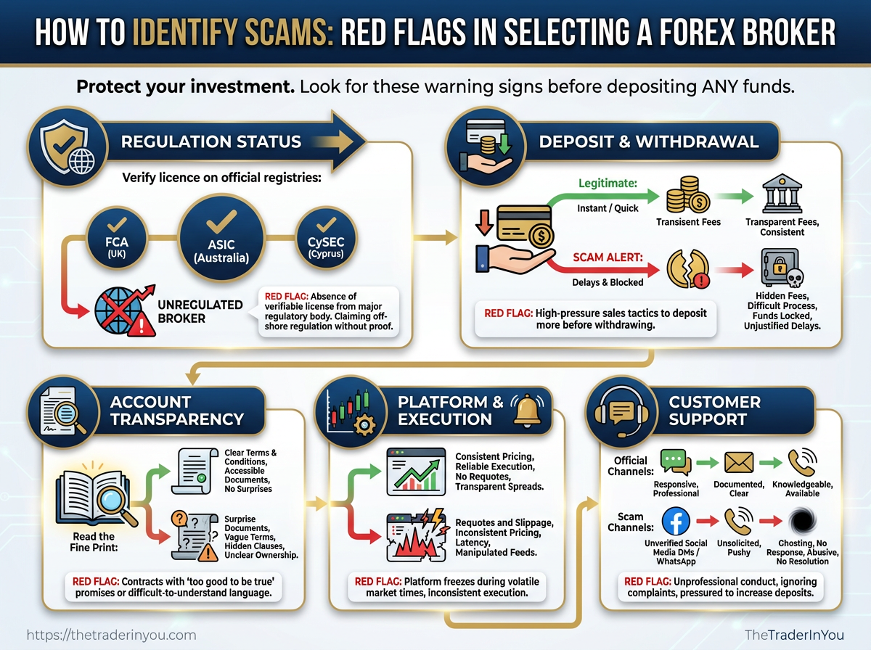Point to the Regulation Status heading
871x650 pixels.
(210, 141)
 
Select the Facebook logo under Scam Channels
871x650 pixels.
(675, 521)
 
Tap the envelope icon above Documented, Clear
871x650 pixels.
(738, 461)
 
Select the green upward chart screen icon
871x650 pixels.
(415, 472)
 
